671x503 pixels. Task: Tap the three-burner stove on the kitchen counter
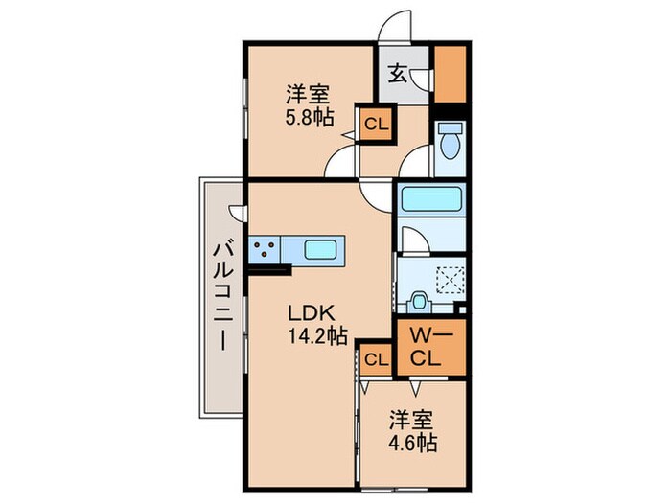(266, 250)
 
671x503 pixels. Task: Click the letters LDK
(312, 312)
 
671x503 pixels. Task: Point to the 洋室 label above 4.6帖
(410, 420)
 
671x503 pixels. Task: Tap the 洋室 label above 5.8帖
(308, 94)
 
